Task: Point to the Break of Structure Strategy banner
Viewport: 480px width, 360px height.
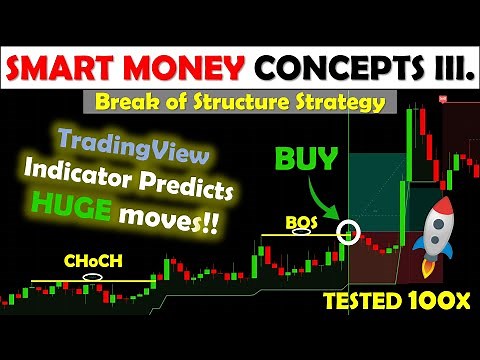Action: click(239, 102)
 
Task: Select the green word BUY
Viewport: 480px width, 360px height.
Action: click(306, 161)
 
